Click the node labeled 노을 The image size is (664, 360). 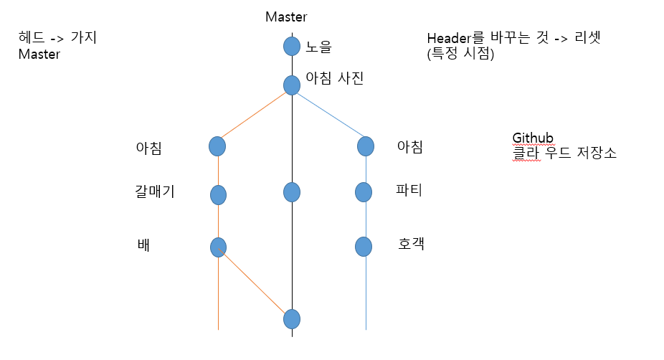coord(291,47)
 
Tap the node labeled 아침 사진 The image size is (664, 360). coord(291,85)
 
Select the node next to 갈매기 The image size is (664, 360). coord(218,194)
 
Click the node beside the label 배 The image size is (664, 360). coord(218,247)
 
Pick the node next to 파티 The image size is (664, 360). coord(364,192)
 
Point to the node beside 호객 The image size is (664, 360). coord(364,247)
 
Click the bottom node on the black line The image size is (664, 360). coord(291,318)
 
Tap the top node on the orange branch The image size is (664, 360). coord(217,146)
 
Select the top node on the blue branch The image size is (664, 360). coord(366,146)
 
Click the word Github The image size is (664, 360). coord(532,138)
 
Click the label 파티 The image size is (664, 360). coord(409,191)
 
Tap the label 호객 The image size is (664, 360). coord(411,244)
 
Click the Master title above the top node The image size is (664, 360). coord(286,16)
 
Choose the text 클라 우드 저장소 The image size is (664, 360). coord(564,153)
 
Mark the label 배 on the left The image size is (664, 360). coord(143,245)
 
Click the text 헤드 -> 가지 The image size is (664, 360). coord(58,38)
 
